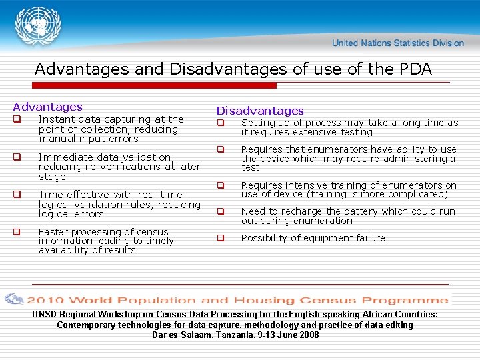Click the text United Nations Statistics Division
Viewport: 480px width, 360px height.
point(398,43)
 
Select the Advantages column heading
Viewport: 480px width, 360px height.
point(47,107)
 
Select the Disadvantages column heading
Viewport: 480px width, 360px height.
point(259,111)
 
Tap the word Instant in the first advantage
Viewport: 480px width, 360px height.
point(55,119)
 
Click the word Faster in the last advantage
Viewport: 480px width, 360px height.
point(53,232)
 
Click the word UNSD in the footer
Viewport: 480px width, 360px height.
point(45,314)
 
